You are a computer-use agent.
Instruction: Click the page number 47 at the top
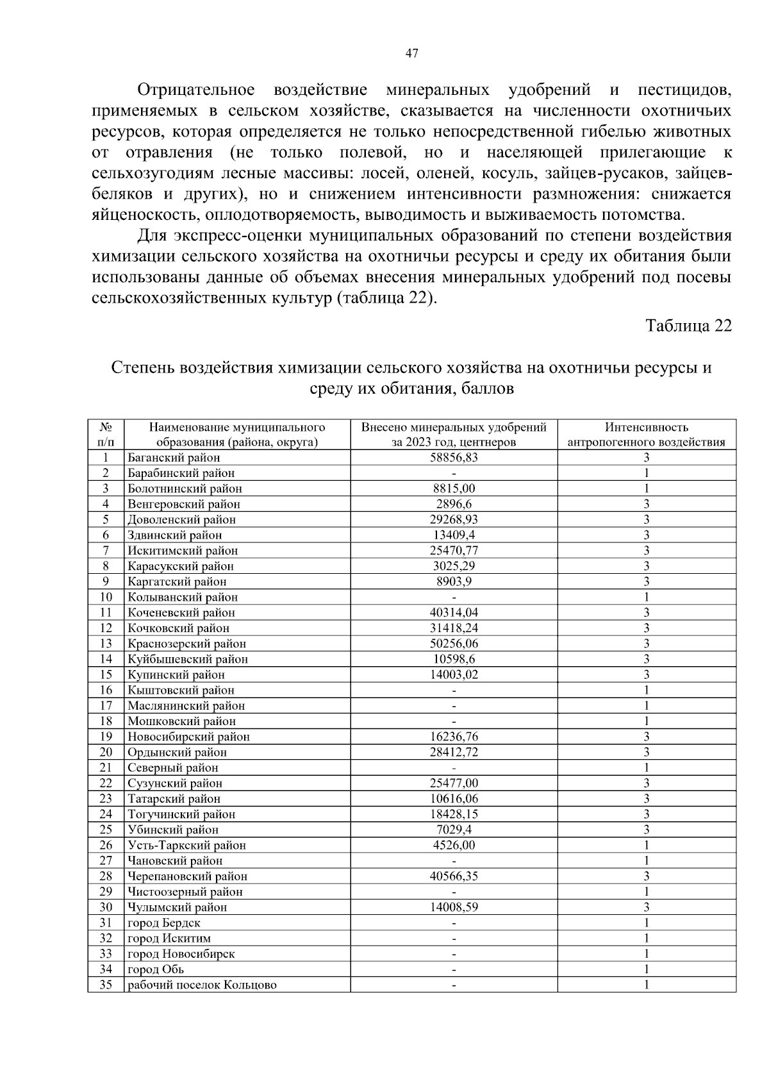pyautogui.click(x=412, y=54)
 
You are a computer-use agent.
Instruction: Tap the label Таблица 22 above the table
pyautogui.click(x=688, y=326)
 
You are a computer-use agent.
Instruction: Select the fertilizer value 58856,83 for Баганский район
pyautogui.click(x=454, y=458)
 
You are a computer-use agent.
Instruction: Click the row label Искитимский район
pyautogui.click(x=183, y=551)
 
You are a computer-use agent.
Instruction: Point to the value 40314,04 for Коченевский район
pyautogui.click(x=454, y=613)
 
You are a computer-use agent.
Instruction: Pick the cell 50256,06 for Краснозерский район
pyautogui.click(x=454, y=644)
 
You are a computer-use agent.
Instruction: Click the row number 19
pyautogui.click(x=106, y=737)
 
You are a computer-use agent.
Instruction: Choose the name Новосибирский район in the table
pyautogui.click(x=188, y=737)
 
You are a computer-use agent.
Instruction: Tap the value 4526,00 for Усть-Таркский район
pyautogui.click(x=454, y=845)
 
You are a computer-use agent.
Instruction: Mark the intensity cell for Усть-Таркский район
pyautogui.click(x=647, y=845)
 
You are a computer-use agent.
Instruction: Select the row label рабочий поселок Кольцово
pyautogui.click(x=202, y=985)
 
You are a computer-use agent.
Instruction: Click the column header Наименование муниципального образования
pyautogui.click(x=237, y=435)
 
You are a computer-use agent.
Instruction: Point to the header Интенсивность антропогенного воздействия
pyautogui.click(x=647, y=435)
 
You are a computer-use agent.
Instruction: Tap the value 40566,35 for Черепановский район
pyautogui.click(x=454, y=876)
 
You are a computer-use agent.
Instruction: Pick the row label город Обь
pyautogui.click(x=156, y=969)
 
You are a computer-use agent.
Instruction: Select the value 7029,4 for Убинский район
pyautogui.click(x=454, y=830)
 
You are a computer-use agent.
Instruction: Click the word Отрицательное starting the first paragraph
pyautogui.click(x=195, y=90)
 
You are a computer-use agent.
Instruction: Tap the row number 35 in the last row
pyautogui.click(x=106, y=985)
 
